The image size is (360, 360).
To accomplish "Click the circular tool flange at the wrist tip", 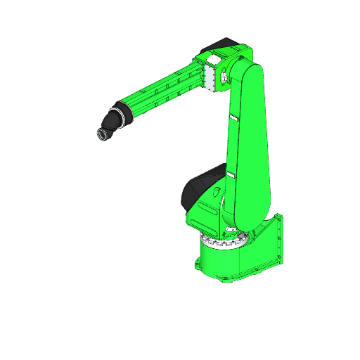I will pos(102,134).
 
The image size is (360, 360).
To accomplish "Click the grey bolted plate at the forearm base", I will pos(208,75).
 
